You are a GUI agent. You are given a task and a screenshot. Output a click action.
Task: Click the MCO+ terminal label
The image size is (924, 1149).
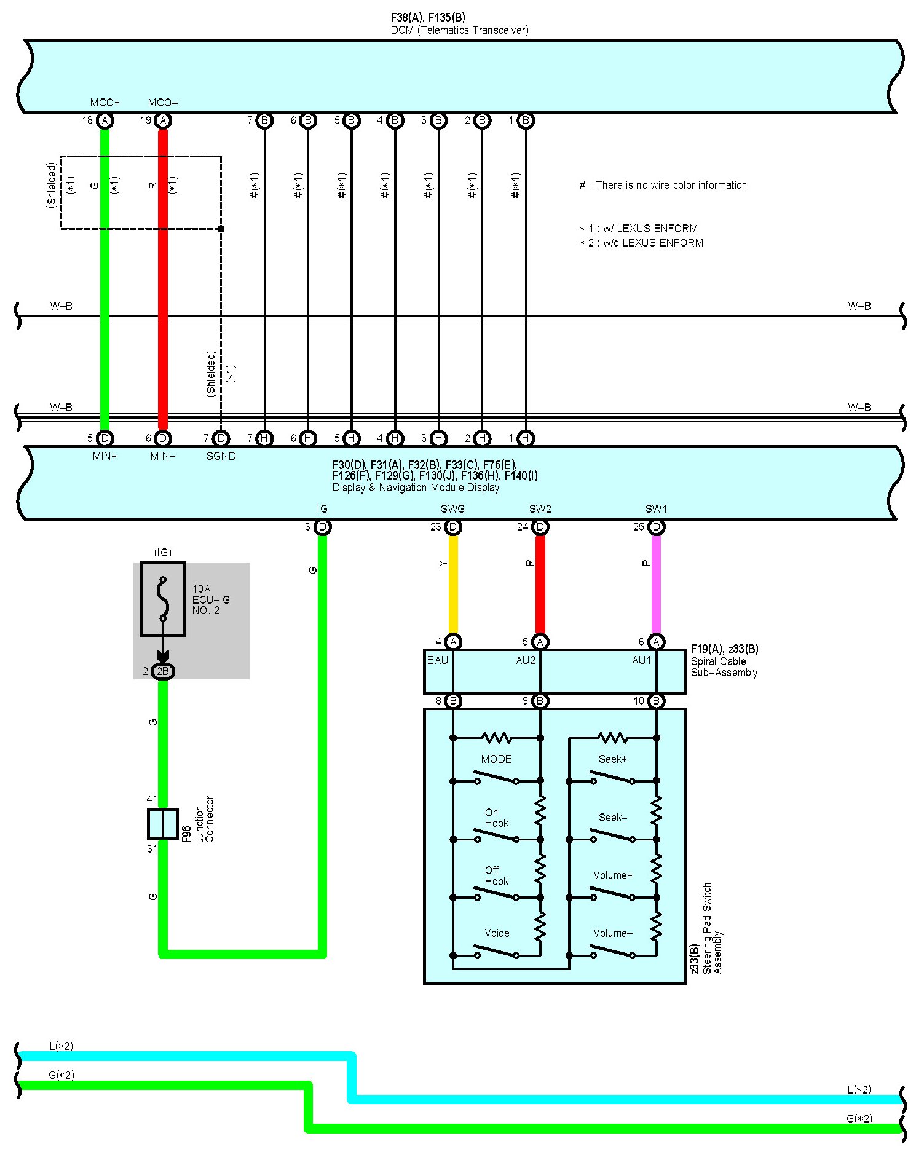click(105, 103)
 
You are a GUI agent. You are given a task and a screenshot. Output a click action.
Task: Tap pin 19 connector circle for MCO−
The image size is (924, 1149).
click(163, 120)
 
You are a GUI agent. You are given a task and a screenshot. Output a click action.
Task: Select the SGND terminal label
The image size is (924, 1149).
click(221, 456)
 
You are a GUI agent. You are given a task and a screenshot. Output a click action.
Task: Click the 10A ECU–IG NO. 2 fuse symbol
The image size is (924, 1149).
click(163, 598)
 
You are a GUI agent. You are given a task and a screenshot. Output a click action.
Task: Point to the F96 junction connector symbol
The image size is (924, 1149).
click(163, 824)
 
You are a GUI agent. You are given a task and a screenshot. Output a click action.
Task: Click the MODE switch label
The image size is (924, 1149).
click(496, 759)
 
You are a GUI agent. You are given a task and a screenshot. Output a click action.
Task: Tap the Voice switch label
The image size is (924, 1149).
click(497, 933)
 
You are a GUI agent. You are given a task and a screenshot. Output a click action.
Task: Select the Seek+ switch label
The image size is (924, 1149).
click(612, 759)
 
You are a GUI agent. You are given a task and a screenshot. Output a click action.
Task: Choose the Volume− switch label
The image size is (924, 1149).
click(612, 933)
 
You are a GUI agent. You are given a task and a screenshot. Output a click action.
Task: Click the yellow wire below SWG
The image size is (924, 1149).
click(453, 584)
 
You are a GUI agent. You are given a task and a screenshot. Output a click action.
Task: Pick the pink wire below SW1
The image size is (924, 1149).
click(656, 584)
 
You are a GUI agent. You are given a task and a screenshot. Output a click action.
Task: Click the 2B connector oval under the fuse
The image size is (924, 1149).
click(163, 671)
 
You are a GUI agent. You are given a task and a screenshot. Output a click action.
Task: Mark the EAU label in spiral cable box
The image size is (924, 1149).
click(438, 660)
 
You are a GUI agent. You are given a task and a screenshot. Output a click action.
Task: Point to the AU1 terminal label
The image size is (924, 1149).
click(641, 660)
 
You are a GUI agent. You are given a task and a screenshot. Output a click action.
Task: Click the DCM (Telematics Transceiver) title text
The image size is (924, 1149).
click(459, 30)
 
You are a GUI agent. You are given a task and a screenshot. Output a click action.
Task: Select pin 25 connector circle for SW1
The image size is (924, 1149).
click(656, 527)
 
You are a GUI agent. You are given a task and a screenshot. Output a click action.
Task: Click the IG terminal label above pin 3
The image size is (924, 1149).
click(322, 509)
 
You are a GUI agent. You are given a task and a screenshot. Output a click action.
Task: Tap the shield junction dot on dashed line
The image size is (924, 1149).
click(221, 229)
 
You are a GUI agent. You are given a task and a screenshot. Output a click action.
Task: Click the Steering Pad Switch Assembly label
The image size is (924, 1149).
click(707, 928)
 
